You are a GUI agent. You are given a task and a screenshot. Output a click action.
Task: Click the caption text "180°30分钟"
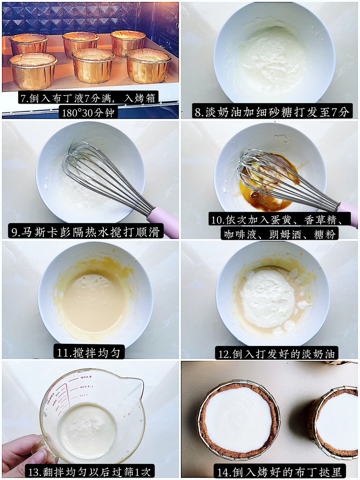[x=88, y=113]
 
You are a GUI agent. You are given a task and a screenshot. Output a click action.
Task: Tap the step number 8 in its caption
[x=198, y=112]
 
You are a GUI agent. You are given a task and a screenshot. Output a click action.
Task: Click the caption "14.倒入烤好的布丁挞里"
[x=279, y=472]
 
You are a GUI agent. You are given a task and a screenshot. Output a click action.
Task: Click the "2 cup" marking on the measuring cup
[x=86, y=377]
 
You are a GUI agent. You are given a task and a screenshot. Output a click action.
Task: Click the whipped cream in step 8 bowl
[x=271, y=59]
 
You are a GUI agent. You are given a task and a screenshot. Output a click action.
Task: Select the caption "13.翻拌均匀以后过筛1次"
[x=90, y=472]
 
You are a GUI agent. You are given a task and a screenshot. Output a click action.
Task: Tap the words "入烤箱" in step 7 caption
[x=139, y=98]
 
